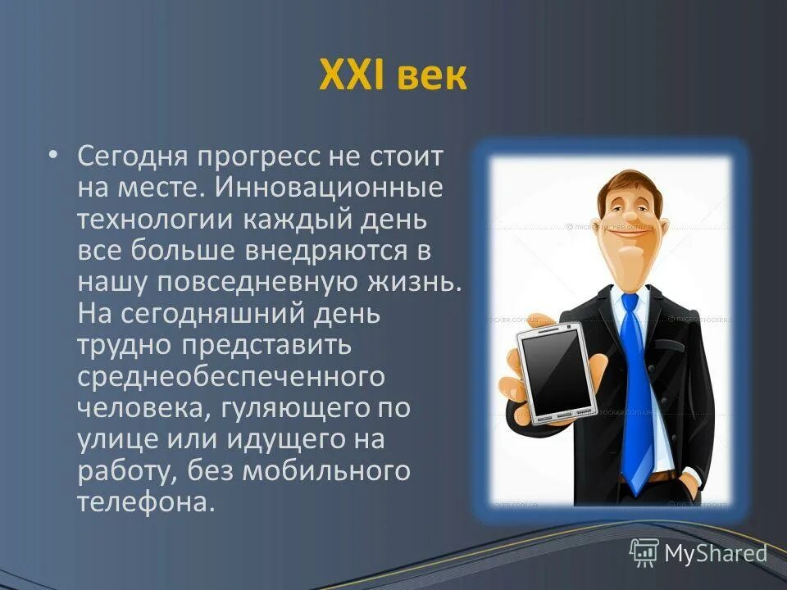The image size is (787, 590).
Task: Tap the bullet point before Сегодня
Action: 53,155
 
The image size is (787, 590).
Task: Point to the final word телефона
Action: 140,501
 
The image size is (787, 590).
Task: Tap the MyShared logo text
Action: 715,553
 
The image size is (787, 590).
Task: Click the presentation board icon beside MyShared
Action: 644,552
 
